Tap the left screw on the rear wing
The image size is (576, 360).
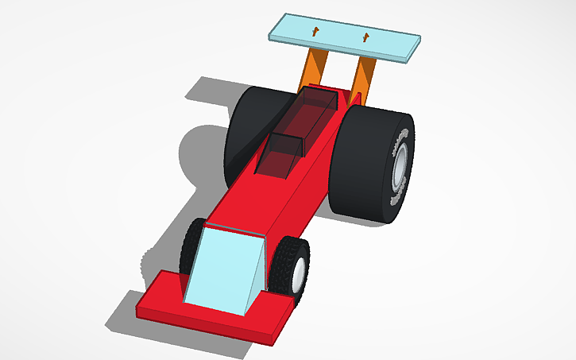coord(316,32)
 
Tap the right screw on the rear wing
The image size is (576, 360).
coord(366,36)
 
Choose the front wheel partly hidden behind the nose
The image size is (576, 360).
coord(191,246)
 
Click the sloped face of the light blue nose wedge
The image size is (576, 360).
coord(218,266)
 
